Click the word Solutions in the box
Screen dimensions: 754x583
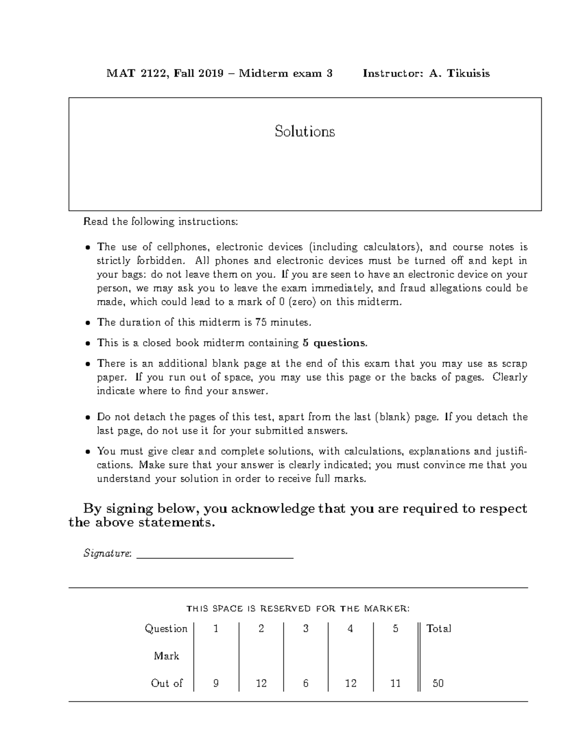305,132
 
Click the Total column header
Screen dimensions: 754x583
439,629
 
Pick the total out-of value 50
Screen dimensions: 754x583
438,683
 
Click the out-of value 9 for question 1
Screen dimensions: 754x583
216,683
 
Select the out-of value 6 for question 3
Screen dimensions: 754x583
306,683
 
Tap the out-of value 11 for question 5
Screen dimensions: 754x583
395,683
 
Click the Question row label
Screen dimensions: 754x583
166,629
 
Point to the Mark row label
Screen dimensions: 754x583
167,656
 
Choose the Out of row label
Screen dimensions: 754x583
167,683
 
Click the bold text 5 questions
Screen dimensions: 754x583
335,343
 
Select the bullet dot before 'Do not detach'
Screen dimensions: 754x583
87,417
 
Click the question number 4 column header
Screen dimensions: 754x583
350,629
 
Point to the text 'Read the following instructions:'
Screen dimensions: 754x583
161,222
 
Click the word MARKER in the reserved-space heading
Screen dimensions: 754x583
385,608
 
